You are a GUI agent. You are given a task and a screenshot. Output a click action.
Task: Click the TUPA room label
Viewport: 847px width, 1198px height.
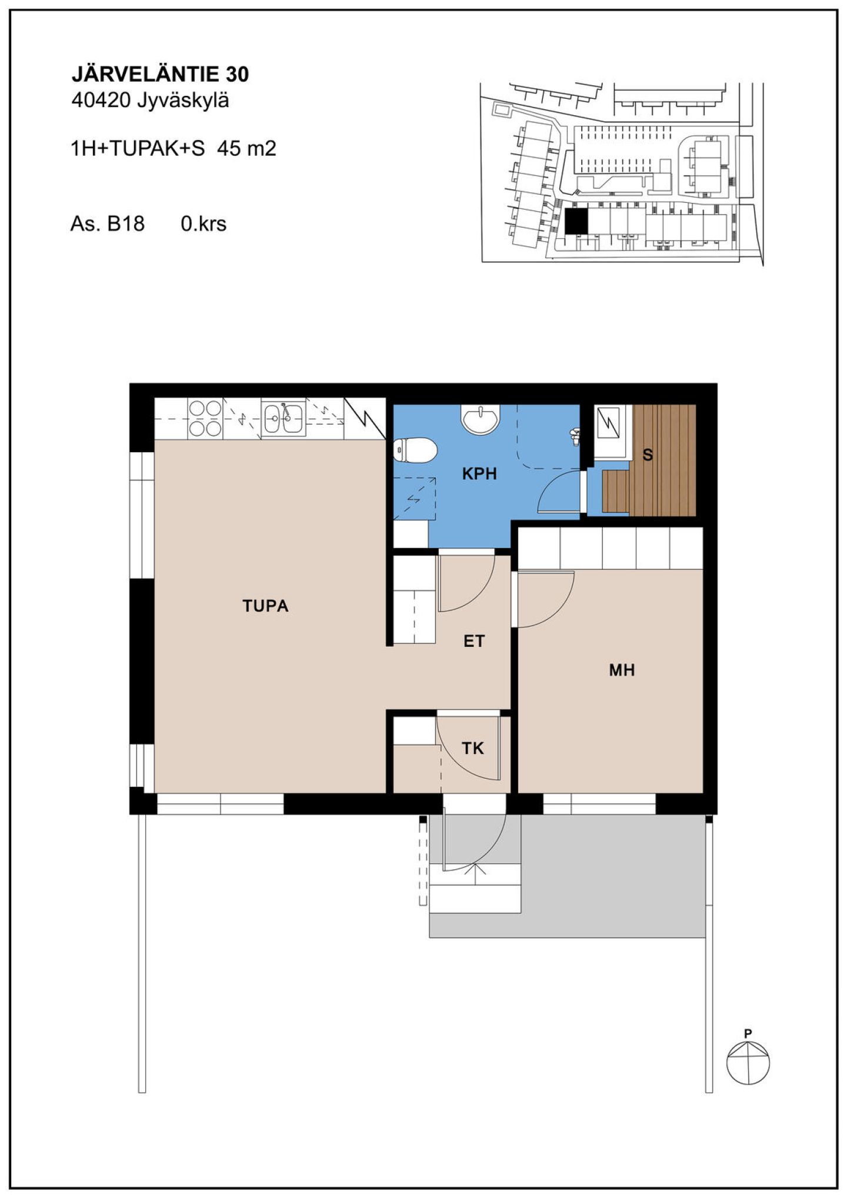coord(265,606)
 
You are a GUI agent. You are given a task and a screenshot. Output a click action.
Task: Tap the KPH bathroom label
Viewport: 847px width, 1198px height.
coord(479,473)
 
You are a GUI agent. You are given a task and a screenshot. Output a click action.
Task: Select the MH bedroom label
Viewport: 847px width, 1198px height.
coord(622,670)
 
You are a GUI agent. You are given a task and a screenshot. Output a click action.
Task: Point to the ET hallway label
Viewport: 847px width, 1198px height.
coord(474,641)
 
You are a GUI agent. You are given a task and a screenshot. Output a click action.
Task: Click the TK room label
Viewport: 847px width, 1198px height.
coord(473,748)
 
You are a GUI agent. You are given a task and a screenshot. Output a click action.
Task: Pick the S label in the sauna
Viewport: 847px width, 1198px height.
coord(648,455)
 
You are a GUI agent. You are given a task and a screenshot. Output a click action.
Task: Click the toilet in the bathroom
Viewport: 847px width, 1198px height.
coord(415,451)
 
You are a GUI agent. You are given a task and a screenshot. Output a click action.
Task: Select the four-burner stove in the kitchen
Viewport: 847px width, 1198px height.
coord(205,419)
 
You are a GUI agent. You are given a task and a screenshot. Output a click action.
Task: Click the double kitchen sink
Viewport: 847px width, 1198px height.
coord(284,419)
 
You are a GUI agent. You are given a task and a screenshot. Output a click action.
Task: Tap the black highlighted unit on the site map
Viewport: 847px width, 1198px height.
coord(576,222)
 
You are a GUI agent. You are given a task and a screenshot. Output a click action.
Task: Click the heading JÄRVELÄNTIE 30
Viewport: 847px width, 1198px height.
coord(160,74)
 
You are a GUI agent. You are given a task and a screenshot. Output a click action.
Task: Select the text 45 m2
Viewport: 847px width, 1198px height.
coord(246,148)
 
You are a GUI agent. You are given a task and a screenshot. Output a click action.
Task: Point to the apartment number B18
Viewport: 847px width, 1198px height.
coord(126,223)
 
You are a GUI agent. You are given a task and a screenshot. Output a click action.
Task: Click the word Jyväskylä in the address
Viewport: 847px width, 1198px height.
coord(183,101)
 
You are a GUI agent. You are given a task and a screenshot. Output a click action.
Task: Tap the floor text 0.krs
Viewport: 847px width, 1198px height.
coord(204,223)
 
